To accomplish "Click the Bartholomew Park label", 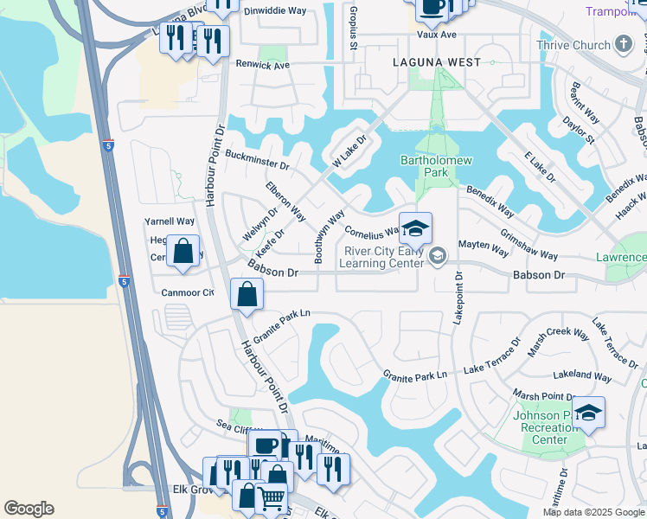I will (x=424, y=166).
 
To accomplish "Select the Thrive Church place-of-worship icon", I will (x=623, y=45).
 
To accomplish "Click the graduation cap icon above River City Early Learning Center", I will (x=415, y=228).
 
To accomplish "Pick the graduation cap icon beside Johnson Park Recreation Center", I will (x=588, y=413).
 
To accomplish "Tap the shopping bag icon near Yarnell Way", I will (x=183, y=252).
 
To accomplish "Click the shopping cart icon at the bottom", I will (x=271, y=498).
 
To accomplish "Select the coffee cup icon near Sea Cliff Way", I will (x=266, y=445).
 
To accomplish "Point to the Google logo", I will (x=29, y=509).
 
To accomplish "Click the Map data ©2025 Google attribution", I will (x=593, y=512).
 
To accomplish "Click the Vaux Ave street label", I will (x=436, y=34).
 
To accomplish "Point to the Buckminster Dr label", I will (x=256, y=159).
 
